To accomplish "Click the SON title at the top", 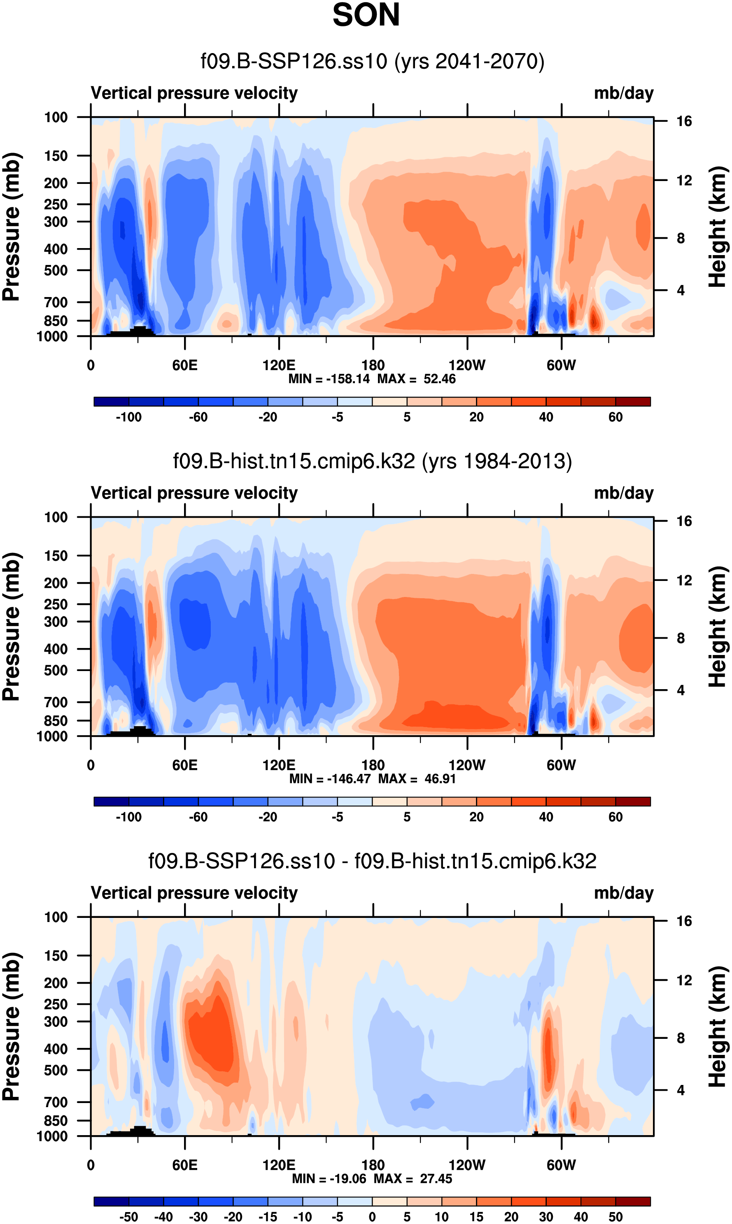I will pos(366,15).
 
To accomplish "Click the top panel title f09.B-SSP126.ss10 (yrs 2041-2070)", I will pos(373,61).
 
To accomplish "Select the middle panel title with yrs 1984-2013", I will pos(373,461).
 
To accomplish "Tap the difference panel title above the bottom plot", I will pos(373,861).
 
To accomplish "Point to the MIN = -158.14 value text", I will pos(329,379).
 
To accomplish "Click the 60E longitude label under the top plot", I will pos(185,365).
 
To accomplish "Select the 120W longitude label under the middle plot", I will pos(466,765).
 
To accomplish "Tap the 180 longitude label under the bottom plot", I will pos(373,1165).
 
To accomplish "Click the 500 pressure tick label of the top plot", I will pos(55,271).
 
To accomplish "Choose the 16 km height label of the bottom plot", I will pos(684,921).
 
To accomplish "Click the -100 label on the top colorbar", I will pos(129,417).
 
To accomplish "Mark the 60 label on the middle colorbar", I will pos(615,817).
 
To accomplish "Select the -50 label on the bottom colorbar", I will pos(129,1217).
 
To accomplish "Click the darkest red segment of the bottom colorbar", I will pos(633,1201).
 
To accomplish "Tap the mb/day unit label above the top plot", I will pos(623,93).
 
